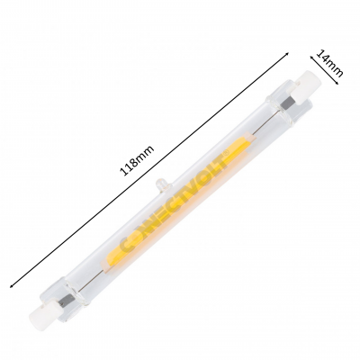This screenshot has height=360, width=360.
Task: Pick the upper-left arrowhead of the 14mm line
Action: [x=310, y=54]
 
